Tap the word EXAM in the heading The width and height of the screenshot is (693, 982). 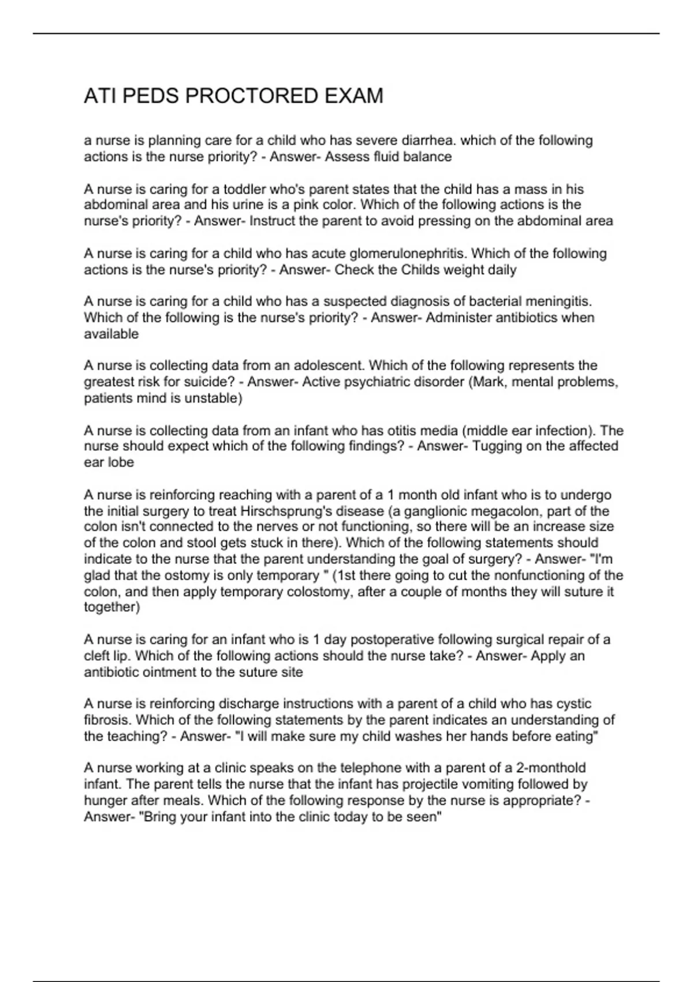pos(354,96)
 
